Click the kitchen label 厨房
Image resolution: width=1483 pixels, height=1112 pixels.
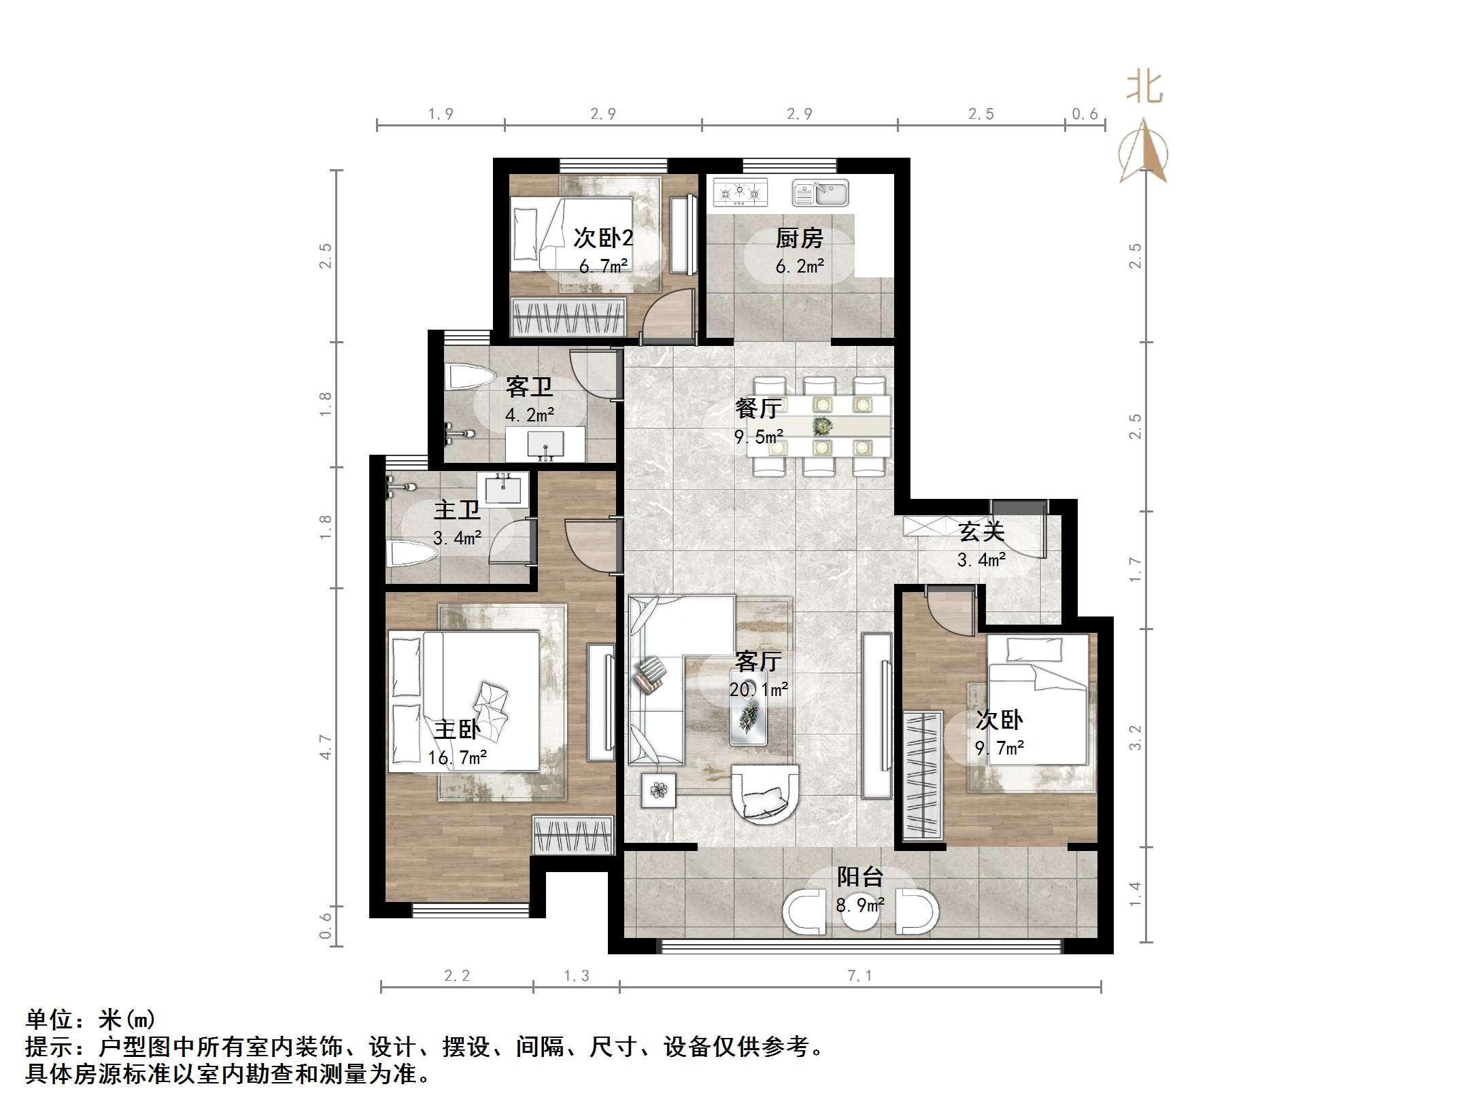(799, 238)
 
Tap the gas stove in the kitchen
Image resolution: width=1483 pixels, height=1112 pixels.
(740, 192)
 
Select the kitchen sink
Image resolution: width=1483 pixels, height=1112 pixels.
(820, 193)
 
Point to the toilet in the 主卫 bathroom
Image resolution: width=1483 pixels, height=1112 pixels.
(411, 554)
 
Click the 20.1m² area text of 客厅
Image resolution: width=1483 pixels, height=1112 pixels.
(758, 689)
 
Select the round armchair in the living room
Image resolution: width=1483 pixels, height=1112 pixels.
(765, 793)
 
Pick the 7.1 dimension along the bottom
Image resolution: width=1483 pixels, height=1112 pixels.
(859, 976)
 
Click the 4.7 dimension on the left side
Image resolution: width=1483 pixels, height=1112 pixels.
(326, 746)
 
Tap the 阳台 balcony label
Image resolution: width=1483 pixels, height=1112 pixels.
(859, 877)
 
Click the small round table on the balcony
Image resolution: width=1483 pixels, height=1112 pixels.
(860, 913)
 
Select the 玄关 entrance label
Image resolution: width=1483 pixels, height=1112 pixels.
(981, 532)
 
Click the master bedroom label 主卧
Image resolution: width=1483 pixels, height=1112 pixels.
(457, 729)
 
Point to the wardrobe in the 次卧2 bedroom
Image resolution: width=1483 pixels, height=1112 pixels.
(568, 317)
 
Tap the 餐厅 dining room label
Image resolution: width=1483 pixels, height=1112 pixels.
(757, 408)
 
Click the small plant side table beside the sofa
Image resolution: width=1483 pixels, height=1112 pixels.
(658, 790)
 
